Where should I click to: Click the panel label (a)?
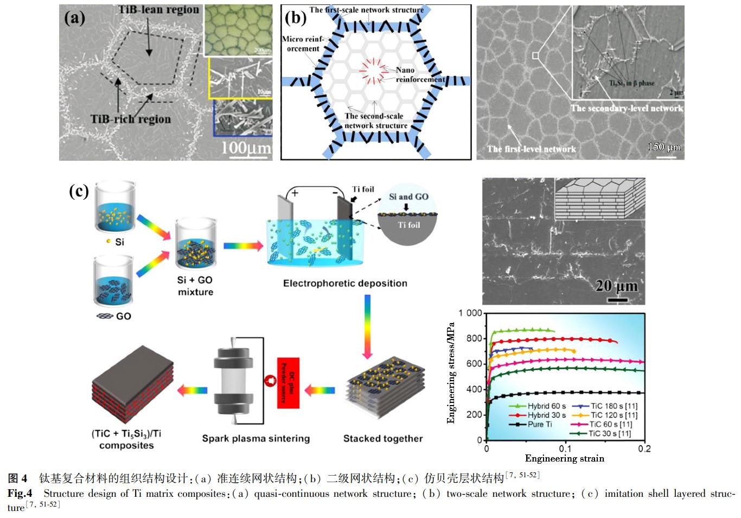pos(75,18)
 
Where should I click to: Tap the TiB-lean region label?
pos(158,10)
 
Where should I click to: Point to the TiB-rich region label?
pos(131,119)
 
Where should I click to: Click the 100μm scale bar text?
pos(246,147)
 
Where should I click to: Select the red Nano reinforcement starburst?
pos(373,72)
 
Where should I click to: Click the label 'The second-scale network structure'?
pos(375,121)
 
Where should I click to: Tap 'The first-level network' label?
pos(531,149)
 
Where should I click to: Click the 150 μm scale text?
pos(664,147)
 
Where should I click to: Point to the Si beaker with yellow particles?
pos(114,209)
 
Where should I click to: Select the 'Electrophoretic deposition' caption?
pos(345,283)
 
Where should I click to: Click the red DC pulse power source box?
pos(288,383)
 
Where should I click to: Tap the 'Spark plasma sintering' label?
pos(256,438)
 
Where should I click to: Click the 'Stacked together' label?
pos(383,438)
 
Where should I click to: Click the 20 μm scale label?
pos(616,286)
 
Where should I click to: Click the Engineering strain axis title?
pos(564,458)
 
